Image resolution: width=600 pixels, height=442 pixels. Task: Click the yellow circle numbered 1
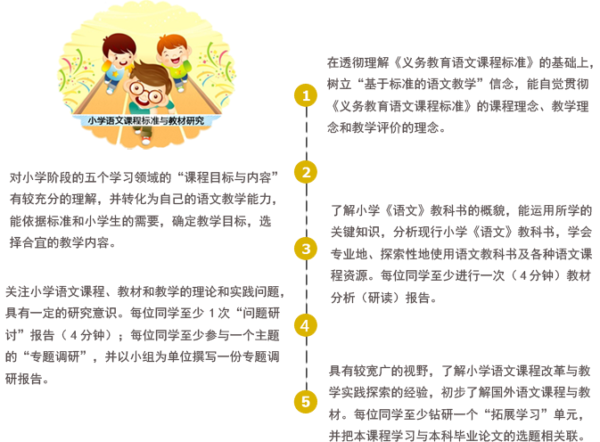point(306,95)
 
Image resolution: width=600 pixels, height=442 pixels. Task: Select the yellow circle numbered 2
point(306,172)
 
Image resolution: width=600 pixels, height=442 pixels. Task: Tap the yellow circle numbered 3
point(306,249)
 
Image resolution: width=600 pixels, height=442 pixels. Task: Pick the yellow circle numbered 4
point(306,325)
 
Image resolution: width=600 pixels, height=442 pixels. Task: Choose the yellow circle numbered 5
point(306,402)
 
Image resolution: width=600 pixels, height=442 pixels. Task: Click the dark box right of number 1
point(459,94)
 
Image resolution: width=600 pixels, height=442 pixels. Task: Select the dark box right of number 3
point(461,254)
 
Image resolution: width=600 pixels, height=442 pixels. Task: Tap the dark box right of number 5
point(459,403)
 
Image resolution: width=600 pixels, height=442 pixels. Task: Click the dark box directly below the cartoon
point(143,209)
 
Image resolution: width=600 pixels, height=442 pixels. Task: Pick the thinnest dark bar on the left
point(144,302)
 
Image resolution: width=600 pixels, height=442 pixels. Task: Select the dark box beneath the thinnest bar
point(142,356)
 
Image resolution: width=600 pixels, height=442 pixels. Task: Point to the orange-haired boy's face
point(174,55)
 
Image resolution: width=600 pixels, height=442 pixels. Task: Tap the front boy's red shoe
point(145,140)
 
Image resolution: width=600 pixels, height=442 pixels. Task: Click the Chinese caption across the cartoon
point(145,119)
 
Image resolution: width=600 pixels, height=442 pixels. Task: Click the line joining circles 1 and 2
point(306,134)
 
